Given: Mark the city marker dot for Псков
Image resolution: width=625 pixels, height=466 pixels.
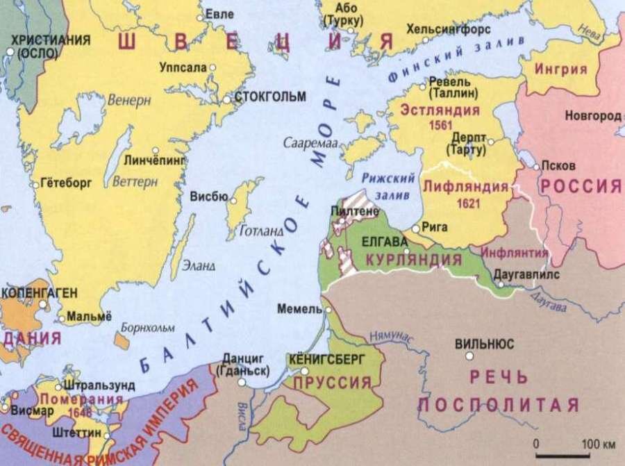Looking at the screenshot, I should tap(535, 167).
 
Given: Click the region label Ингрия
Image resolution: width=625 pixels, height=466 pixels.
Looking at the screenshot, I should tap(562, 69).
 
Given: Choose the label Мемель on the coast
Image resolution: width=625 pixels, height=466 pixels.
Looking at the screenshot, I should tap(295, 308).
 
